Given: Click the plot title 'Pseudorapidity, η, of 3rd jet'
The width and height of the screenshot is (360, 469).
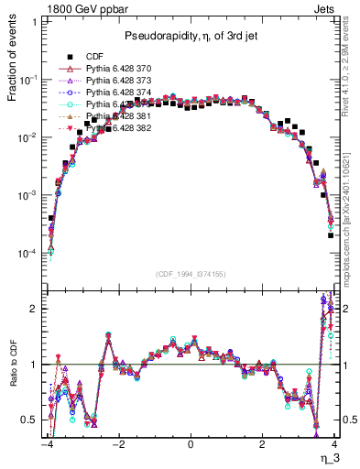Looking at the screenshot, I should tap(190, 35).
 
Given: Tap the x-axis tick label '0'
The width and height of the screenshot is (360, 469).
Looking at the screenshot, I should tap(191, 444).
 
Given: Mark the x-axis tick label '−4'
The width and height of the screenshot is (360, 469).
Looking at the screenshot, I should tap(46, 444).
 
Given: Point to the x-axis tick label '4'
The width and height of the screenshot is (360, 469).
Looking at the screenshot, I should tap(334, 444).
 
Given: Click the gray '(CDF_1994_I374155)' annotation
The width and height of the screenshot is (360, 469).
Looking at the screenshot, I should tap(190, 273).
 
